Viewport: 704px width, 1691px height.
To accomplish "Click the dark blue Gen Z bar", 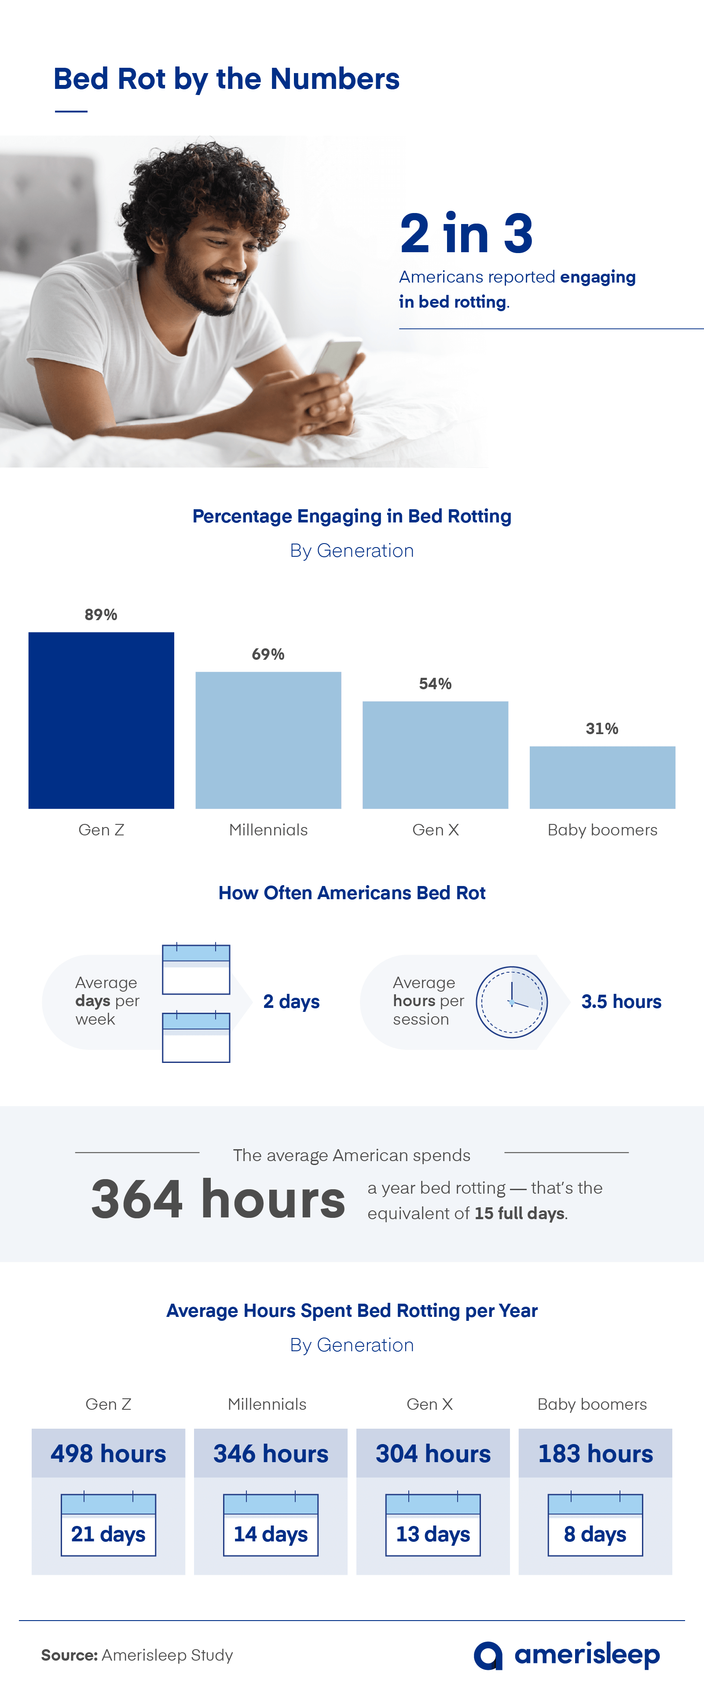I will pos(101,720).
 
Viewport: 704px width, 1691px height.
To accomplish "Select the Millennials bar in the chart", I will pos(268,740).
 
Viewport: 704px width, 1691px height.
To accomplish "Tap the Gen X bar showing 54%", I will pos(435,755).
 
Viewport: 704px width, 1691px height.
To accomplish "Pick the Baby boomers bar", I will pos(602,777).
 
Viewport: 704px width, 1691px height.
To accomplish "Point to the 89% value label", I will pos(101,614).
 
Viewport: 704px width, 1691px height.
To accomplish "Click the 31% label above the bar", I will pos(602,729).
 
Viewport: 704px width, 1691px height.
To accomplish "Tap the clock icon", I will pos(511,1002).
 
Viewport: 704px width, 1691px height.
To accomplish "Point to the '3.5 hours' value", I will pos(621,1002).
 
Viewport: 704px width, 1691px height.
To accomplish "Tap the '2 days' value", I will pos(291,1002).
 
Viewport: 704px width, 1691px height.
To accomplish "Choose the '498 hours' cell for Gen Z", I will pos(108,1453).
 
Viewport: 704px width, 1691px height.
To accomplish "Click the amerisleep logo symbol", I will pos(488,1655).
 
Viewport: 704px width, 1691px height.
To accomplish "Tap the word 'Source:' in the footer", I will pos(70,1655).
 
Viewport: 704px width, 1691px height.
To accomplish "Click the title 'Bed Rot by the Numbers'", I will pos(226,79).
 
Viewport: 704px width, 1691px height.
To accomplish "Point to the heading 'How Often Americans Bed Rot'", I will pos(352,893).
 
